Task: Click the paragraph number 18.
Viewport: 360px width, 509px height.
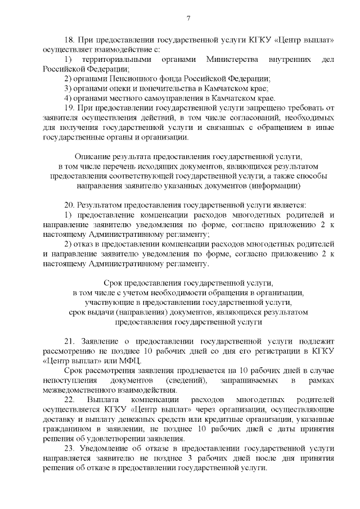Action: pyautogui.click(x=70, y=40)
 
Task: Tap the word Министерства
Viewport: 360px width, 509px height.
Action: pyautogui.click(x=232, y=60)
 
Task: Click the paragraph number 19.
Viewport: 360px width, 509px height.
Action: pyautogui.click(x=70, y=108)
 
